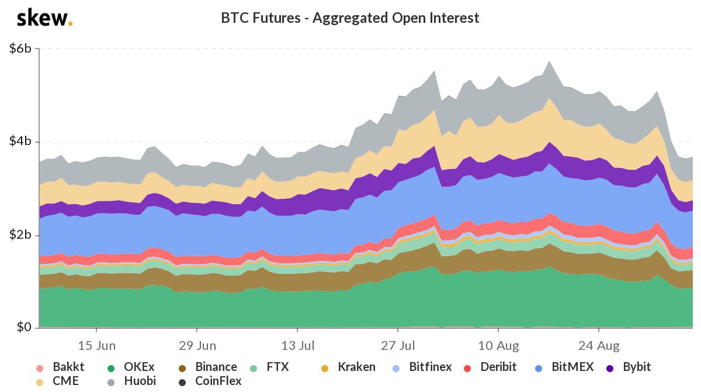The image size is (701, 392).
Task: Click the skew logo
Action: coord(44,18)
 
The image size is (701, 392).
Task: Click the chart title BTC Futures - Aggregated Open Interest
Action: coord(350,18)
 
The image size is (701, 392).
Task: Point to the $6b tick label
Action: coord(20,49)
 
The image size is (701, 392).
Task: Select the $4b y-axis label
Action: coord(20,142)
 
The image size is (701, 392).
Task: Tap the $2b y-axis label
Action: coord(20,235)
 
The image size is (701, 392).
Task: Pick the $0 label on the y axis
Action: coord(23,328)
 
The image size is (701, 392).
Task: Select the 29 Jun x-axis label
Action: coord(196,343)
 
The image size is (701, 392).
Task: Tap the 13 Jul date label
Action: coord(297,343)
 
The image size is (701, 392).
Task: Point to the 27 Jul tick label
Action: coord(397,343)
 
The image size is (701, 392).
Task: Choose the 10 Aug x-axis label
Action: coord(498,343)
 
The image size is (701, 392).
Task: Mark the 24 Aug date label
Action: coord(598,343)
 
